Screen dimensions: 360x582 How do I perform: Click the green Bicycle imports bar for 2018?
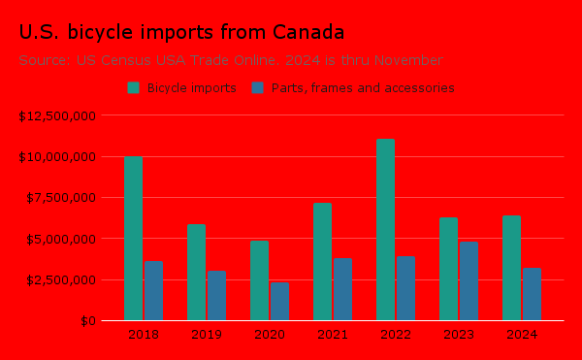pos(133,238)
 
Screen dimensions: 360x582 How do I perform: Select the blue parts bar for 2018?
pos(153,290)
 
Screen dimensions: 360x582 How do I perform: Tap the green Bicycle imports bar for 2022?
pos(385,229)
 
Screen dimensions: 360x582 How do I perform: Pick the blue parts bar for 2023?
pos(469,280)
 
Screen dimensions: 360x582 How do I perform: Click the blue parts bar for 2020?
pos(279,301)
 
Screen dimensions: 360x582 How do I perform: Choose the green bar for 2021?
pos(322,261)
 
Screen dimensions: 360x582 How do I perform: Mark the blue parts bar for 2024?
pos(532,293)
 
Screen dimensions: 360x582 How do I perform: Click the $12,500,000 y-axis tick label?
pos(56,115)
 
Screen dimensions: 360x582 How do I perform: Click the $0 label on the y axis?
pos(86,320)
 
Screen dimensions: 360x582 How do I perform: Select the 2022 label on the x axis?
pos(396,335)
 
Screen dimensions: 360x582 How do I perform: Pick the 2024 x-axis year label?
pos(522,335)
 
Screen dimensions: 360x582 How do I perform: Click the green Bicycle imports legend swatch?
pos(134,87)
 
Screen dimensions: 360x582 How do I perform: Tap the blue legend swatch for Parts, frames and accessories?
pos(258,87)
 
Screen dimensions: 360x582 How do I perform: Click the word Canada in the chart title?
pos(308,33)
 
